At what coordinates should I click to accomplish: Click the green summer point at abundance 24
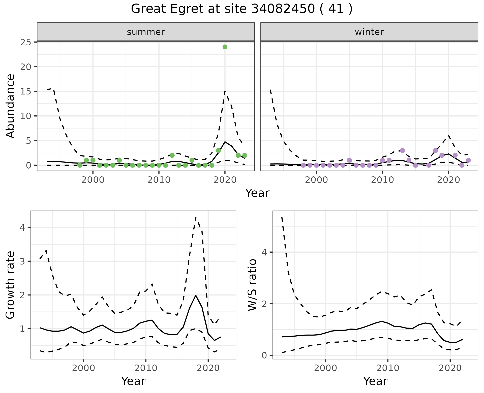click(x=225, y=47)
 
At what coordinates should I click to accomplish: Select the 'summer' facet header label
click(x=146, y=32)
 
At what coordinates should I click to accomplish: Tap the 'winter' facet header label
click(x=369, y=32)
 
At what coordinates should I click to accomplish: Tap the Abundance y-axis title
click(x=11, y=106)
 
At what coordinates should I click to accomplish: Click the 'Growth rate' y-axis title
click(x=11, y=285)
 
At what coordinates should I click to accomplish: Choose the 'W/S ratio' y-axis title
click(x=252, y=285)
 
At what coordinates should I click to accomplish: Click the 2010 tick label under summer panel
click(x=159, y=180)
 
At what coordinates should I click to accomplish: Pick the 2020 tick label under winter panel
click(x=448, y=180)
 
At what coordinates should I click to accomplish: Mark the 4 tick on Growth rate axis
click(x=23, y=228)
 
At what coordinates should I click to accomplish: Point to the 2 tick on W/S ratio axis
click(x=264, y=304)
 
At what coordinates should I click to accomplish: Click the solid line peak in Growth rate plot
click(x=196, y=295)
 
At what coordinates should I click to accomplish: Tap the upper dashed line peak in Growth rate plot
click(x=196, y=217)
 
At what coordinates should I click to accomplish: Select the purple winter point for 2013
click(x=402, y=150)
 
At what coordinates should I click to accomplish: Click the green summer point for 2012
click(x=172, y=155)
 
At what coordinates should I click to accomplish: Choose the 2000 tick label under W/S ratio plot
click(x=325, y=368)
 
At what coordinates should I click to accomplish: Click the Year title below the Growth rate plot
click(x=133, y=381)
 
